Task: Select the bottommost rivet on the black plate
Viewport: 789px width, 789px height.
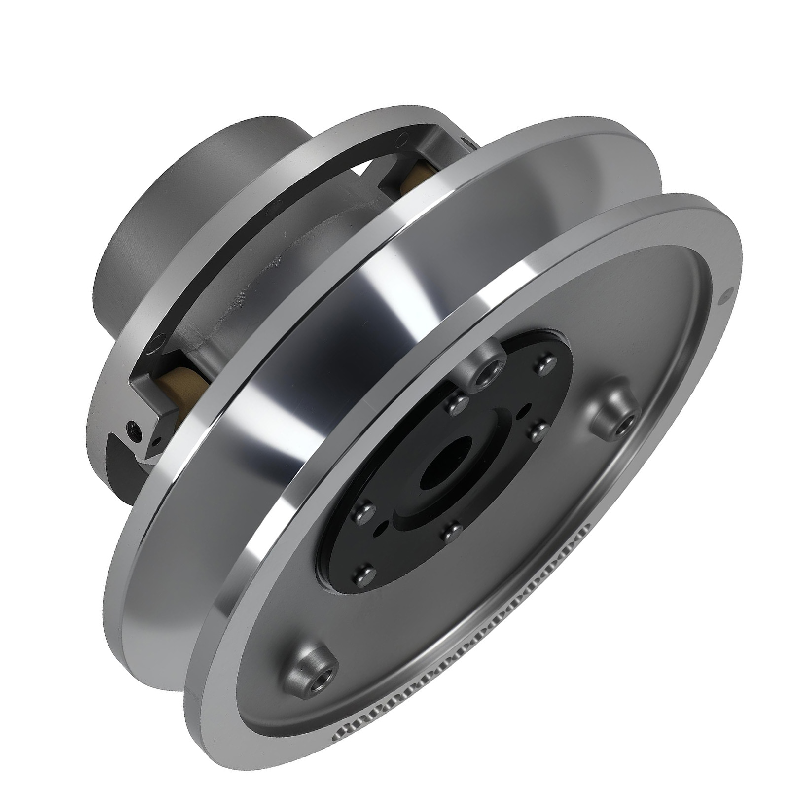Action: (365, 574)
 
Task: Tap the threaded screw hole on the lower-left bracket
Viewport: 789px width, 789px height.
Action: (132, 428)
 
